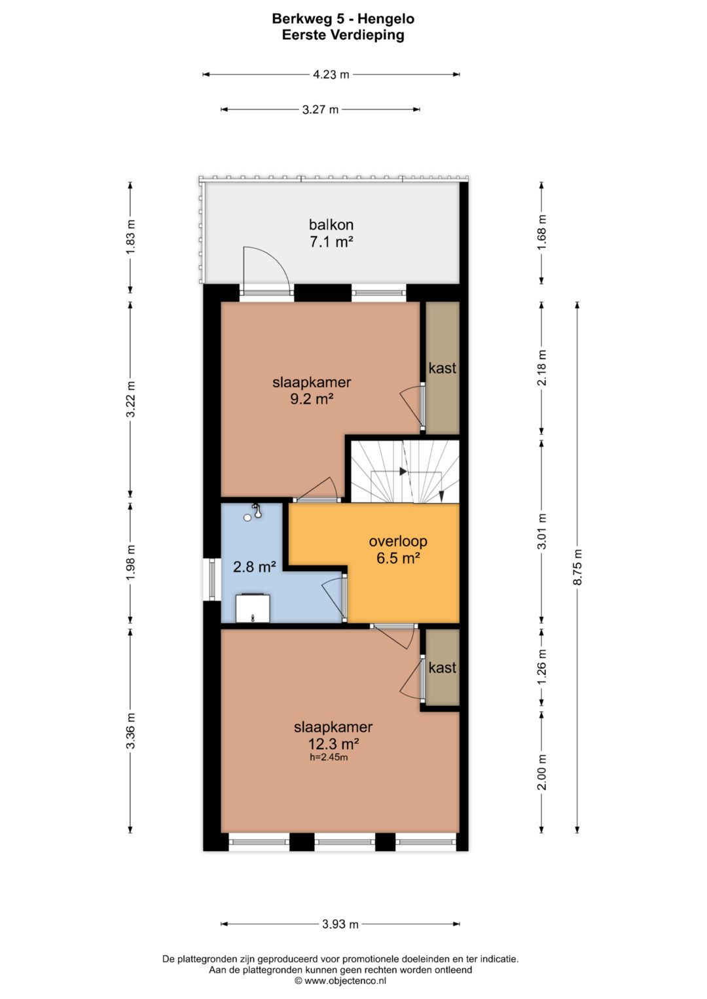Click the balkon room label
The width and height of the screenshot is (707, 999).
pos(332,224)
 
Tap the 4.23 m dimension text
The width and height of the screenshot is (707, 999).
pos(331,75)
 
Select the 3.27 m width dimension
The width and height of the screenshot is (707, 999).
pos(320,109)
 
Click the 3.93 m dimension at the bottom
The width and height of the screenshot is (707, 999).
pos(340,924)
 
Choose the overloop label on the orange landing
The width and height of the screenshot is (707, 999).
pos(398,541)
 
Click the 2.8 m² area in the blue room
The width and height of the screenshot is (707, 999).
pos(255,567)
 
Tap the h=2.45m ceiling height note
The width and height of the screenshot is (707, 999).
pos(329,756)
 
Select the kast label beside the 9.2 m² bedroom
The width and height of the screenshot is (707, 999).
pos(443,368)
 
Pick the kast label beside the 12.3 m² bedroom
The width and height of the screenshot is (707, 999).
pos(443,667)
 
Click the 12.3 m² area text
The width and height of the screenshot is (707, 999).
pos(333,743)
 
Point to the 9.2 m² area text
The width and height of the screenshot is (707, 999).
pos(312,398)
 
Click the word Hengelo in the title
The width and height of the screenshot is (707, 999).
pos(386,19)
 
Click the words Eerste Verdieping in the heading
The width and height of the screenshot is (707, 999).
pos(343,35)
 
